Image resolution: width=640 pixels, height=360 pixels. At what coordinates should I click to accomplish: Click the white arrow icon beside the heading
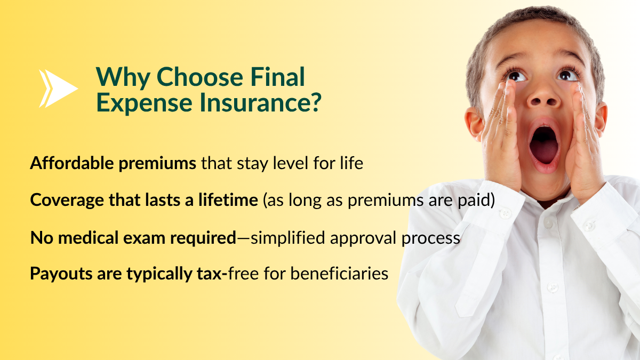tap(59, 89)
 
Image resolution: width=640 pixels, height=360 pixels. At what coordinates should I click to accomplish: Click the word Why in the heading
tap(123, 78)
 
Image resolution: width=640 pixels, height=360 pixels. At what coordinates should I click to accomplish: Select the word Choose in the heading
tap(199, 77)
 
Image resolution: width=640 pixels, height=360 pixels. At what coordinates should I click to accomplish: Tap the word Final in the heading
tap(278, 77)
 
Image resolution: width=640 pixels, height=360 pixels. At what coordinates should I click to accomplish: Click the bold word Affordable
tap(71, 163)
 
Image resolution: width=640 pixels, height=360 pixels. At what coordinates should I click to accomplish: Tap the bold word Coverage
tap(67, 200)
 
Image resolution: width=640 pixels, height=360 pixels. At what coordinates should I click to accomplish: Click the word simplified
tap(287, 238)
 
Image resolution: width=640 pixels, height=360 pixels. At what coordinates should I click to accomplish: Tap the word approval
tap(363, 238)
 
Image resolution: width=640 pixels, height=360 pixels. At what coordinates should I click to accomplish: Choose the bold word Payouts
tap(61, 274)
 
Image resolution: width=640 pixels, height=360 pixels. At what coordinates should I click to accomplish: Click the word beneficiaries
tap(339, 273)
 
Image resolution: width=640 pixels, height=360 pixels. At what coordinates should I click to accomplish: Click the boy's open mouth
tap(543, 146)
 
